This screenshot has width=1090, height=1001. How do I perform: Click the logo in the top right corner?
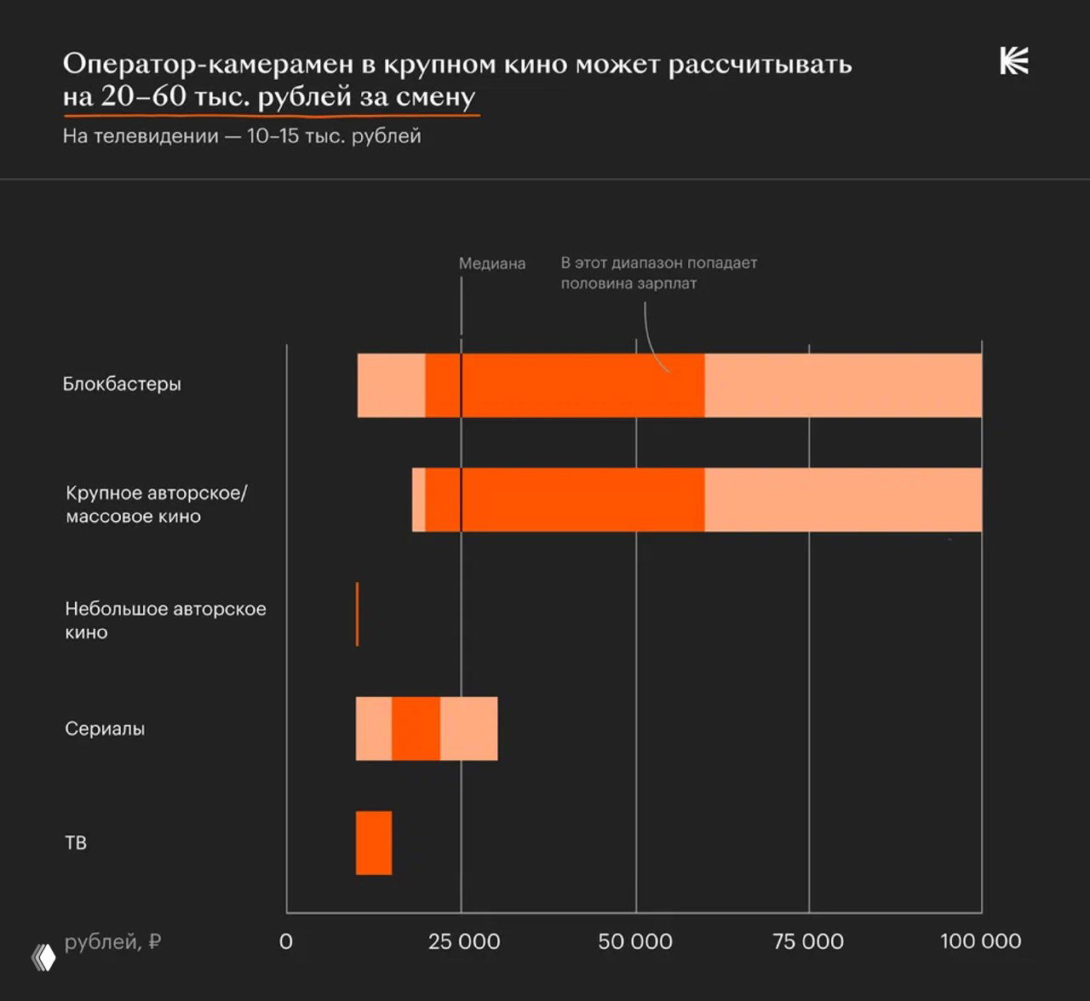(1013, 61)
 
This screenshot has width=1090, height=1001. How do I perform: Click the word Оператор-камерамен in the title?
(207, 64)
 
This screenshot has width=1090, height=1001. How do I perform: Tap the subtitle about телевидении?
(242, 136)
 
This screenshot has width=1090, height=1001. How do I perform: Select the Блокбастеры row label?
(122, 384)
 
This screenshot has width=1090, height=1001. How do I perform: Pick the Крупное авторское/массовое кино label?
(156, 505)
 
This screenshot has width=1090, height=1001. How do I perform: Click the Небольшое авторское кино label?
(165, 621)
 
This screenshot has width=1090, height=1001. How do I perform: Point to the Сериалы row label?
(105, 729)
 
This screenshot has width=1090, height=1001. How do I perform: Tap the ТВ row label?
(76, 843)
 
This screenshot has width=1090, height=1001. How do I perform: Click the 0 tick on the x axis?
(286, 941)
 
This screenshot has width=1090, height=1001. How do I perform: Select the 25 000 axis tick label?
(464, 941)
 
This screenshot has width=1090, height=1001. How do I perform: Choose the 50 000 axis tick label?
(635, 941)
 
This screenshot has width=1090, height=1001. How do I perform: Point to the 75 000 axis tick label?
(808, 941)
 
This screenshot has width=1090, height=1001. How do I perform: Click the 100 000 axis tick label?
(980, 941)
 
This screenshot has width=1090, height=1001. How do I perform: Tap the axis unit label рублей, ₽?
(112, 941)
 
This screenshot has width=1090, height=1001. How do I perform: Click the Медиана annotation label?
(492, 264)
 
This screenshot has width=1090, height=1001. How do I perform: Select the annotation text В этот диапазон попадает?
(658, 263)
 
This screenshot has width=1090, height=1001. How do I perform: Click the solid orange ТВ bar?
(374, 843)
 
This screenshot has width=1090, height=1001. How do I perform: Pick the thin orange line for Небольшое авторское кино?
(357, 614)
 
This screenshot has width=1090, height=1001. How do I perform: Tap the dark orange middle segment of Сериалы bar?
(416, 729)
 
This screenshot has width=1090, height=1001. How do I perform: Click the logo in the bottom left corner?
(43, 958)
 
